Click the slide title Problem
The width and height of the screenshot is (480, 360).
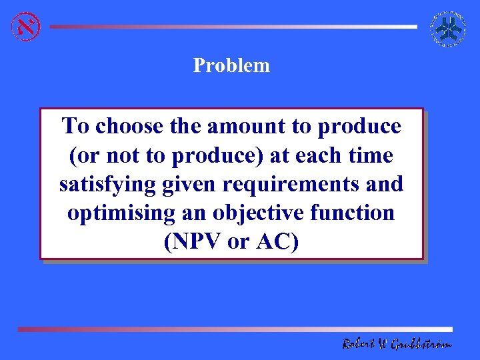(x=231, y=65)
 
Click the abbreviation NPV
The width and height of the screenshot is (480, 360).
(x=197, y=243)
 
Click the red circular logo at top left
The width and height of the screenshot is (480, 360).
(x=26, y=27)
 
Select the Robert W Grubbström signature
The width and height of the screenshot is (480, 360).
(x=396, y=344)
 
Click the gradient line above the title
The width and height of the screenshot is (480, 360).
(x=233, y=27)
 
